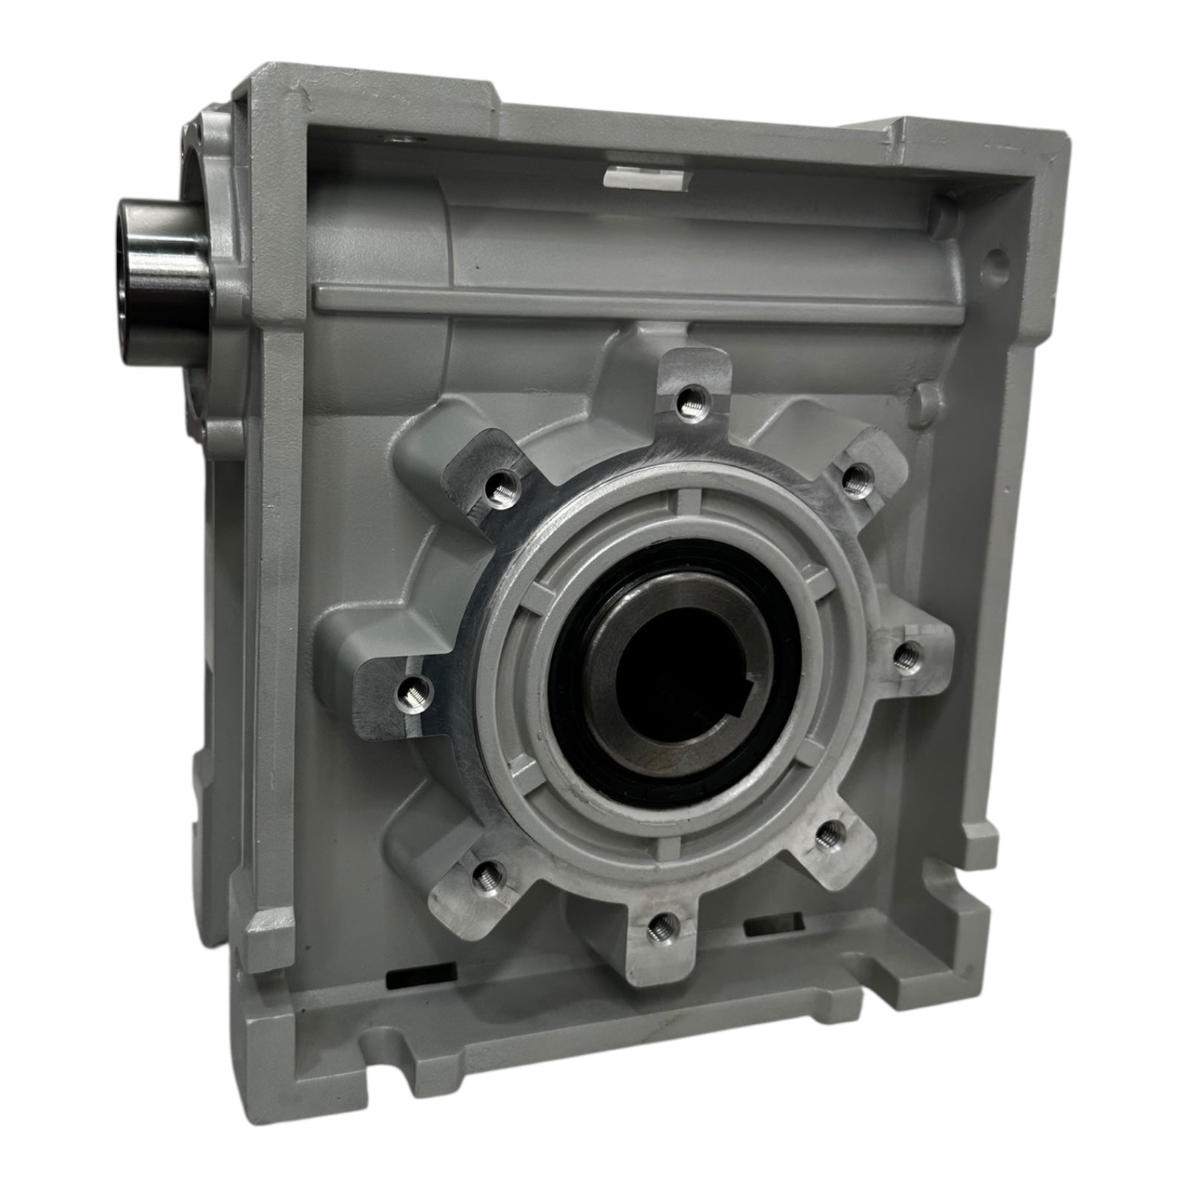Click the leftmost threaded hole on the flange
(x=410, y=694)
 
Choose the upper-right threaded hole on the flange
(x=854, y=473)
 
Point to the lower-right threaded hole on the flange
(x=828, y=838)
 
